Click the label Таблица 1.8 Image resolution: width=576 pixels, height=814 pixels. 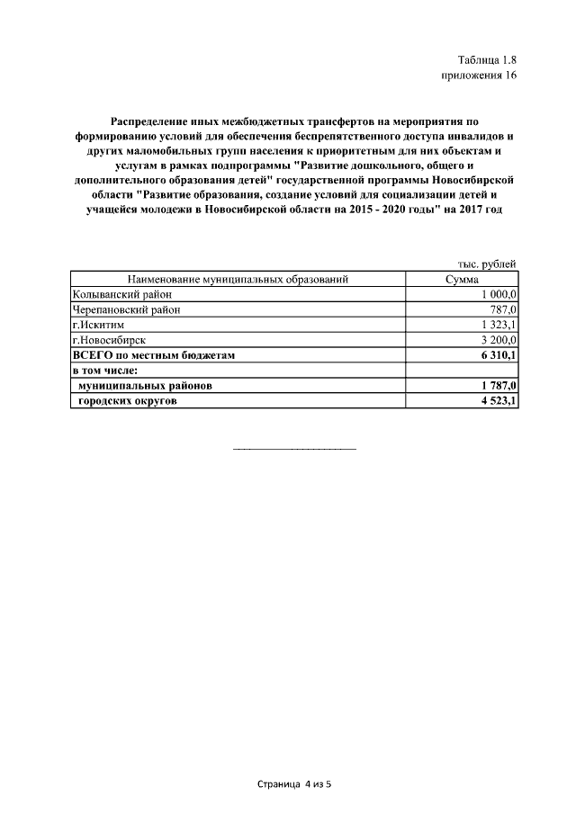pyautogui.click(x=486, y=59)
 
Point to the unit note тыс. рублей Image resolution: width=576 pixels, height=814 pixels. pyautogui.click(x=487, y=264)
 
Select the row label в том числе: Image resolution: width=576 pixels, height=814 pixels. pyautogui.click(x=104, y=371)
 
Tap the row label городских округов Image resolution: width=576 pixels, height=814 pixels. pyautogui.click(x=128, y=401)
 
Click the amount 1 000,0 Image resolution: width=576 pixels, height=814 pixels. pyautogui.click(x=499, y=295)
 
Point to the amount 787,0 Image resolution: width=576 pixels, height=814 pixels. pyautogui.click(x=503, y=310)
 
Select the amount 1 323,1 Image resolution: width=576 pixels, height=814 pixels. pyautogui.click(x=499, y=326)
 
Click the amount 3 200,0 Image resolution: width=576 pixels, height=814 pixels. pyautogui.click(x=499, y=341)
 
